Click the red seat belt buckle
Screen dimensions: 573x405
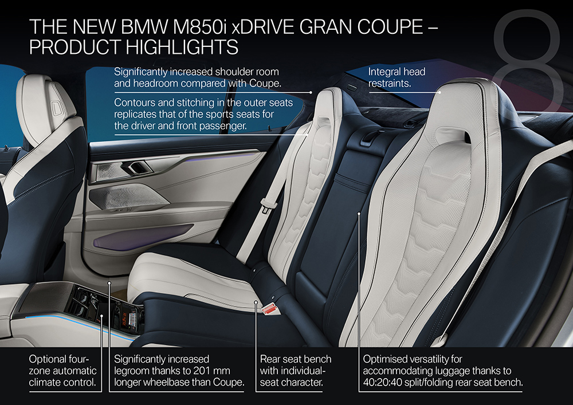270,309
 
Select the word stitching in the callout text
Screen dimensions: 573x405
199,103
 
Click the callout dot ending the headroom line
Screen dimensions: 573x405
311,93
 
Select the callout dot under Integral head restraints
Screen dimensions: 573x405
440,92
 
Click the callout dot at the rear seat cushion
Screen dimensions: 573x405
256,302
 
